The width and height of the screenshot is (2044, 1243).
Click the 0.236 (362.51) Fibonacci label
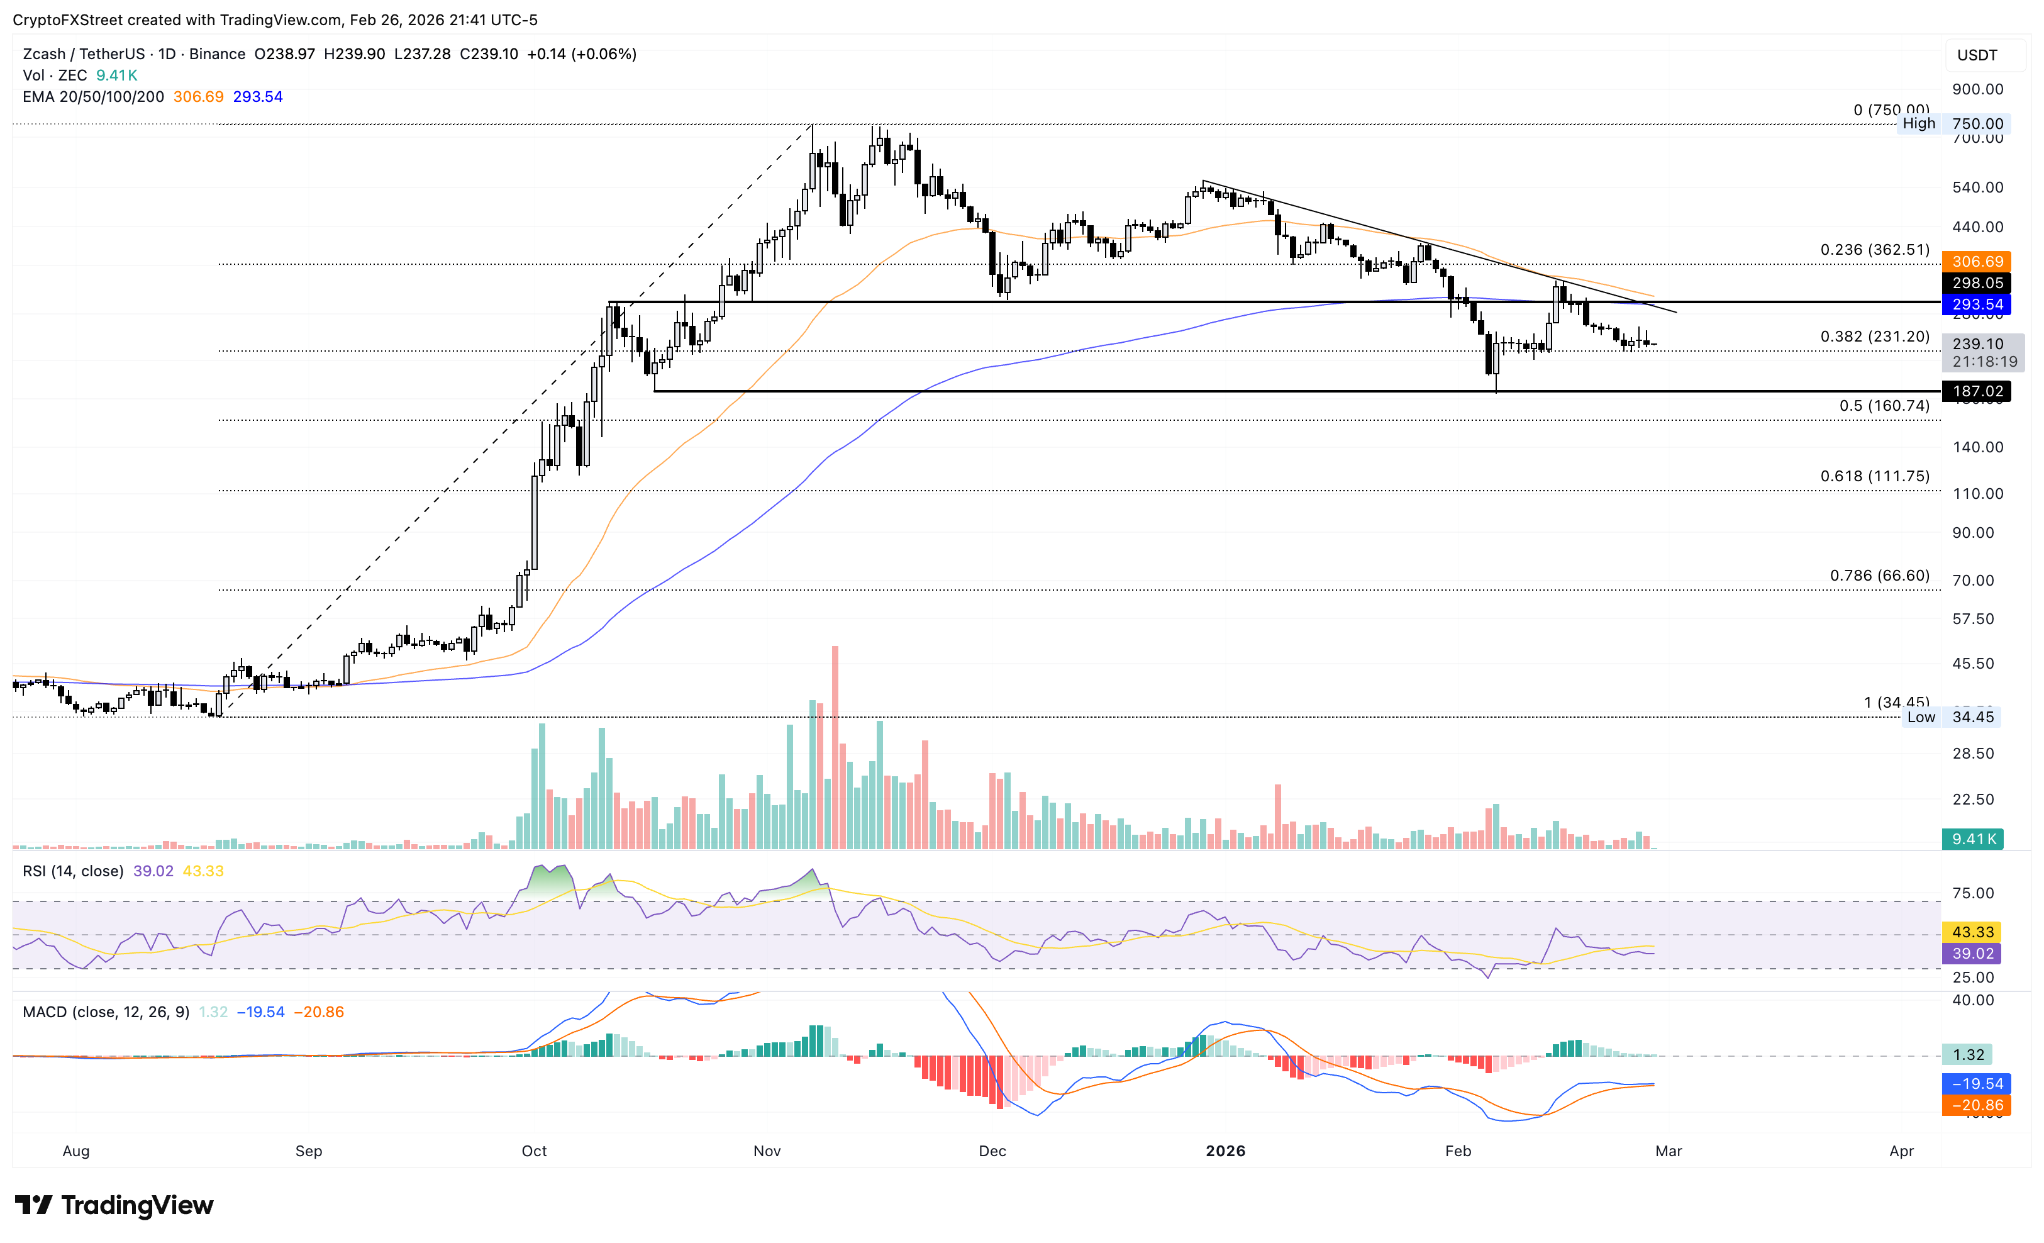(x=1874, y=250)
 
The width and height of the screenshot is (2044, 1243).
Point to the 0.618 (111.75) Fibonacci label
(x=1874, y=476)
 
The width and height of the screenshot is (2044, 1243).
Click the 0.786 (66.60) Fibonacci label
(x=1879, y=576)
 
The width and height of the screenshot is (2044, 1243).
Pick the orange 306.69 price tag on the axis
(x=1977, y=262)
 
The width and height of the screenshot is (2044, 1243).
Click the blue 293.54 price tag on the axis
(x=1977, y=304)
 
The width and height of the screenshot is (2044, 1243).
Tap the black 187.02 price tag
(x=1977, y=391)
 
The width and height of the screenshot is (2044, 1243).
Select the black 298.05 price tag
(x=1977, y=283)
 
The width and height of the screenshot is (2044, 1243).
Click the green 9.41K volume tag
(x=1974, y=839)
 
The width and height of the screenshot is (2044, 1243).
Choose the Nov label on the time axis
(x=767, y=1151)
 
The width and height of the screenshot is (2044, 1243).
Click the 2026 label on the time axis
(x=1225, y=1151)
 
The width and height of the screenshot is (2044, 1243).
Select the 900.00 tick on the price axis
(x=1977, y=89)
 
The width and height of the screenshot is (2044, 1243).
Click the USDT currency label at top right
(x=1977, y=55)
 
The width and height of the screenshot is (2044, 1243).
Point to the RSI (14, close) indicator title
(x=73, y=871)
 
